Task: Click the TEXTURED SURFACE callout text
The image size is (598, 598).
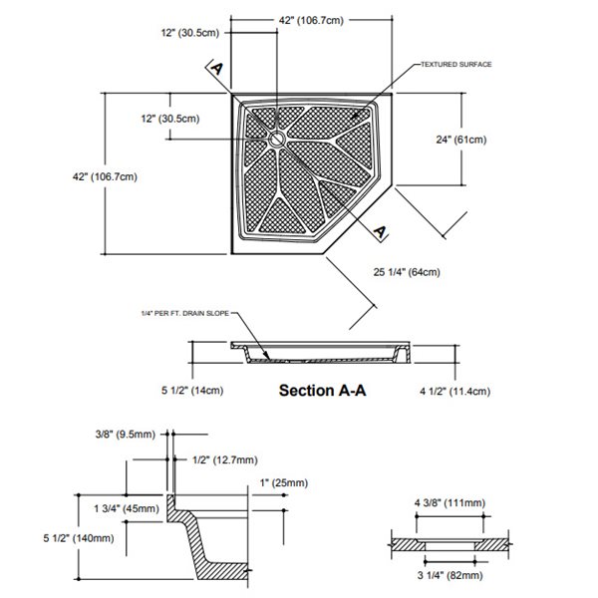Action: click(455, 65)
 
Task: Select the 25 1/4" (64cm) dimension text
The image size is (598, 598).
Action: click(407, 271)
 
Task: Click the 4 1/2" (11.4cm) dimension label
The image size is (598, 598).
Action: click(453, 391)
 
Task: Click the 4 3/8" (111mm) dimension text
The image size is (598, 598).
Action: click(448, 502)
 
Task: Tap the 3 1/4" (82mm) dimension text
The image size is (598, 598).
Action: click(449, 576)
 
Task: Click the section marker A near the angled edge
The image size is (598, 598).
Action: click(380, 231)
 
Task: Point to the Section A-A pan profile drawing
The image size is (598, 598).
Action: click(318, 352)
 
